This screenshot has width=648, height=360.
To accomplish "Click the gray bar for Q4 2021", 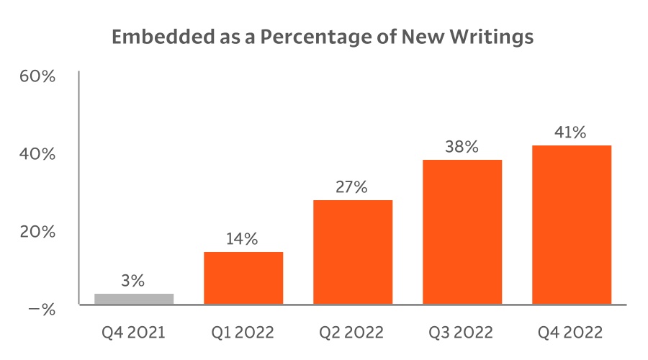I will click(134, 298).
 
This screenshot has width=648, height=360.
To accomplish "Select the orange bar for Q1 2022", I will click(243, 278).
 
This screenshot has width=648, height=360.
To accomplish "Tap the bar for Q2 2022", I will click(353, 252).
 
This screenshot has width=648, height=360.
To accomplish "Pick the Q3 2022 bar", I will click(462, 232).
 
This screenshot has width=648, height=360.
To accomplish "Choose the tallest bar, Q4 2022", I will click(572, 225).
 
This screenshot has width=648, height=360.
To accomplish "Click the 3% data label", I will click(134, 281).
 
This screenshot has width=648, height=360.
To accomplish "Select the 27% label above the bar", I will click(352, 188).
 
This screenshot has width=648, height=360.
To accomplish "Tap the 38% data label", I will click(462, 148).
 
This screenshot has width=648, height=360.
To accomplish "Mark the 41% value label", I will click(571, 133).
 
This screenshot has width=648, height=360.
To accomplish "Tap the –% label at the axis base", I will click(42, 310).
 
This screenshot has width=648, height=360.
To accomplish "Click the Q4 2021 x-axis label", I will click(133, 333).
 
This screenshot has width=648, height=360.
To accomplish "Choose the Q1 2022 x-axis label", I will click(243, 333).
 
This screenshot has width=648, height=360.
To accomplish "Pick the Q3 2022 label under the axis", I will click(462, 333).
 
